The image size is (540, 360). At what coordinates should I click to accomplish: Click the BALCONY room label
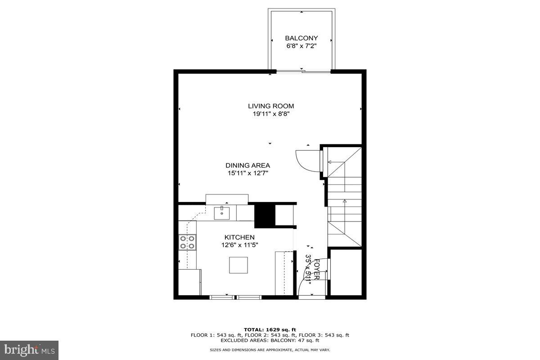tap(301, 38)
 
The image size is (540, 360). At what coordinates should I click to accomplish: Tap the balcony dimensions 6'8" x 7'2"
tap(301, 46)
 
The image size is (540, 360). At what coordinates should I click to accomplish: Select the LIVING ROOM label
tap(271, 106)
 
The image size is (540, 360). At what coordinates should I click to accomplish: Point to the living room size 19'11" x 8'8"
tap(271, 114)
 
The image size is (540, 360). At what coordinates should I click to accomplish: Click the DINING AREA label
tap(248, 166)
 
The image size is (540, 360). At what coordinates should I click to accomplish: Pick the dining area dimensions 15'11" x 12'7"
tap(248, 173)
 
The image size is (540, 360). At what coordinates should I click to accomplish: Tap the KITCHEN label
tap(239, 237)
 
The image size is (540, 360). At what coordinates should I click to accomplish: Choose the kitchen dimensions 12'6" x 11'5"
tap(239, 245)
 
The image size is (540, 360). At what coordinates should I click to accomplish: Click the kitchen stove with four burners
tap(187, 242)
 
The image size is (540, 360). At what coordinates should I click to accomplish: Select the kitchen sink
tap(221, 212)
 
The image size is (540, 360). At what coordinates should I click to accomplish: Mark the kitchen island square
tap(238, 265)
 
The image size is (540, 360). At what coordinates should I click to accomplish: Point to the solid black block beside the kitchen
tap(265, 216)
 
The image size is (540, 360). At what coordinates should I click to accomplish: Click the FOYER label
tap(317, 269)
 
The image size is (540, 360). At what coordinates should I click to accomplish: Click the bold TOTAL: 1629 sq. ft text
tap(270, 329)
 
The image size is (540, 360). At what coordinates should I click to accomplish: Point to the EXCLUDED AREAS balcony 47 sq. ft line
tap(270, 340)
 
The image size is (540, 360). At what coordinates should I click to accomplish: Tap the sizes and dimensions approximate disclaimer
tap(270, 350)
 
